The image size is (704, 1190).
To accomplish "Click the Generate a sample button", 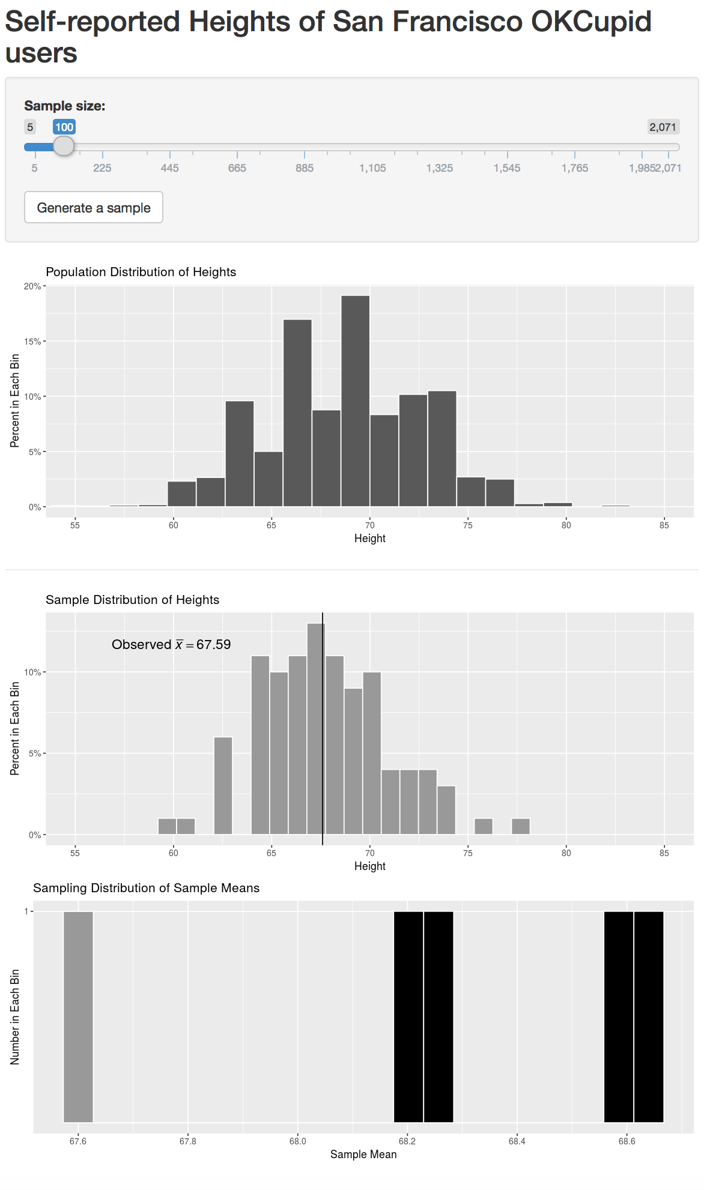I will coord(94,208).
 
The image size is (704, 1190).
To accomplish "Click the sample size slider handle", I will coord(64,146).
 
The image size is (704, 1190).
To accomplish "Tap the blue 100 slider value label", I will coord(64,127).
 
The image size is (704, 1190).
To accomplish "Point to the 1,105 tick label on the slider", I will coord(372,168).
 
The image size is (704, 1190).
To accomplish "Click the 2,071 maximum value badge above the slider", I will coord(663,127).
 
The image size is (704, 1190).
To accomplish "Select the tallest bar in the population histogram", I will coord(355,400).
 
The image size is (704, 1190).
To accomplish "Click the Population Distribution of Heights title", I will coord(141,272).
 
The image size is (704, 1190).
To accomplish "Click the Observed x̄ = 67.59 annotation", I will coord(171,645).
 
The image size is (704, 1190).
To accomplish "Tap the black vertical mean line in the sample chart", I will coord(323,751).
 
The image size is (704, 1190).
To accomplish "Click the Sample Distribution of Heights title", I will coord(132,600).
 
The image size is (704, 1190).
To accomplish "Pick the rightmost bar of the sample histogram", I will coord(521,826).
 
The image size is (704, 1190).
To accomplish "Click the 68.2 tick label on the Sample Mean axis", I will coord(407,1141).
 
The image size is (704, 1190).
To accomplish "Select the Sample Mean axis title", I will coord(363,1155).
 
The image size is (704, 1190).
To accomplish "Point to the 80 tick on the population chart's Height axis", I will coord(566,525).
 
